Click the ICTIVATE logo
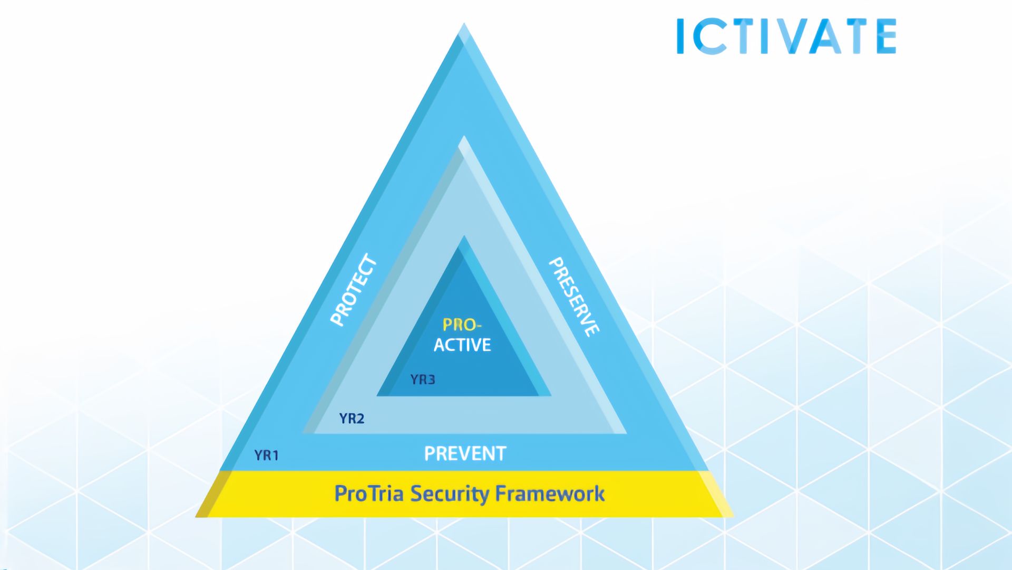[x=786, y=36]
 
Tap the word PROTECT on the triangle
[x=354, y=290]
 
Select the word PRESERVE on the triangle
[x=574, y=297]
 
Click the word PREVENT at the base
[x=465, y=453]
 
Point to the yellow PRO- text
[x=462, y=325]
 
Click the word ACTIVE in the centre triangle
[x=462, y=345]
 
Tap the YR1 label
[x=266, y=455]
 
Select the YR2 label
[x=352, y=419]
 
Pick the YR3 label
[x=423, y=379]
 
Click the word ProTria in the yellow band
[x=369, y=493]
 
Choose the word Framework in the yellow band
[x=550, y=493]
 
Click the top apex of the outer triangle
[x=464, y=23]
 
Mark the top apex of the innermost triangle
[x=464, y=236]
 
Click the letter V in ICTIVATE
[x=787, y=36]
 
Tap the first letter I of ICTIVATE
[x=680, y=36]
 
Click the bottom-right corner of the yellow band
[x=733, y=517]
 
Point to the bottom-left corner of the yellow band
[x=196, y=517]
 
